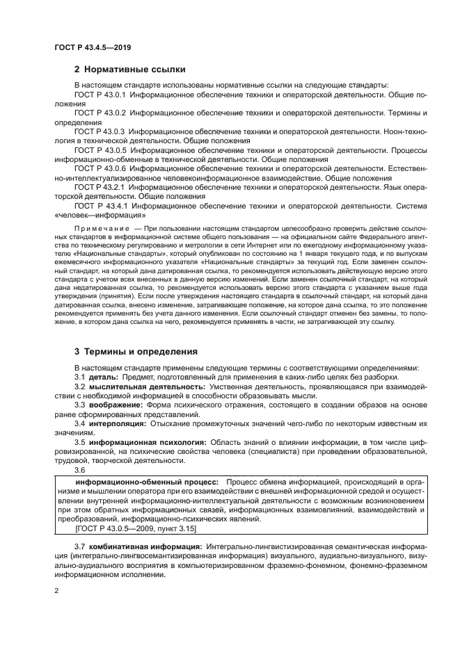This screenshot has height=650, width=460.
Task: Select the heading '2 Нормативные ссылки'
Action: click(x=129, y=70)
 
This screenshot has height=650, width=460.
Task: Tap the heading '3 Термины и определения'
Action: click(x=136, y=351)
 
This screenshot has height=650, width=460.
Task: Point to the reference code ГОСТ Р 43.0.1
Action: click(x=100, y=95)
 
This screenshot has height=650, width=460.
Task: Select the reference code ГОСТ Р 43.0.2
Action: click(x=100, y=113)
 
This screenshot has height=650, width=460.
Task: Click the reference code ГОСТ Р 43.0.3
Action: click(x=100, y=131)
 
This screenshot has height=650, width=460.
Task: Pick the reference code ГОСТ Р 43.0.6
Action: click(x=100, y=169)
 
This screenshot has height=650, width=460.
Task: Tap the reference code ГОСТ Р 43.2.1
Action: click(x=100, y=188)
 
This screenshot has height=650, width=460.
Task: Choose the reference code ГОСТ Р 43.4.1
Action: click(x=100, y=206)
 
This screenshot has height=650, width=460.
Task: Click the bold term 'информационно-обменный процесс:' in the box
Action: click(x=147, y=482)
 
